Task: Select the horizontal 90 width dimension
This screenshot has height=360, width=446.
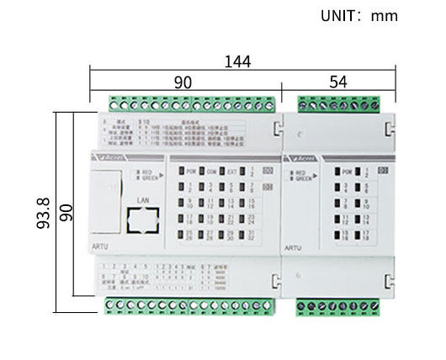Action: click(x=183, y=82)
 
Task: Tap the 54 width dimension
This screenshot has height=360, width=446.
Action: click(x=338, y=82)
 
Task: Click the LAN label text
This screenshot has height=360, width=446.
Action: click(x=142, y=200)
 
